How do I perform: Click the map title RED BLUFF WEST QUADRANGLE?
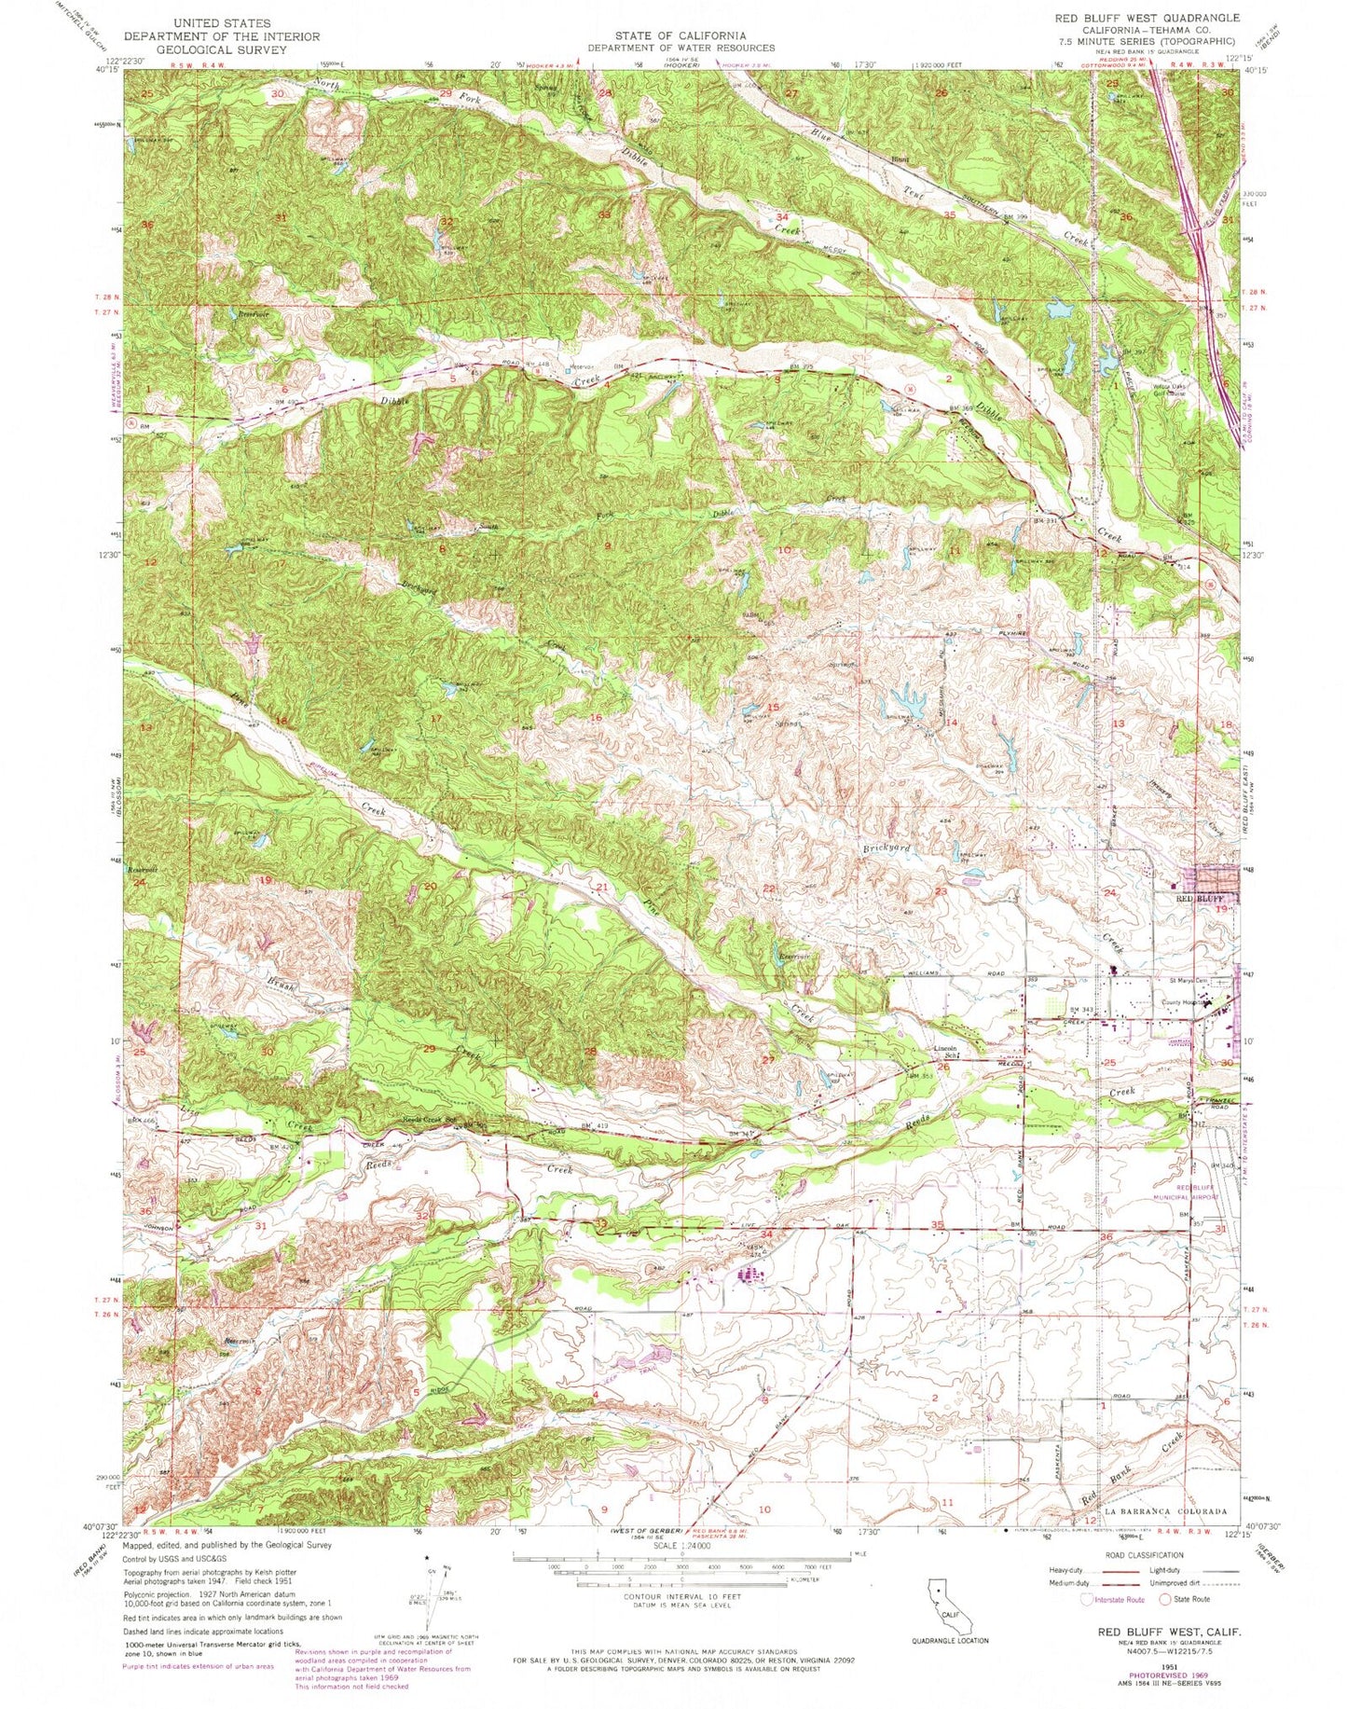click(1147, 18)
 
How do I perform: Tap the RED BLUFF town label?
click(1196, 899)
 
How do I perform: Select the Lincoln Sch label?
click(947, 1052)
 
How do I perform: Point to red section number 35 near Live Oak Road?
click(938, 1225)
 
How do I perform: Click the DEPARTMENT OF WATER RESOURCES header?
click(680, 48)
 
